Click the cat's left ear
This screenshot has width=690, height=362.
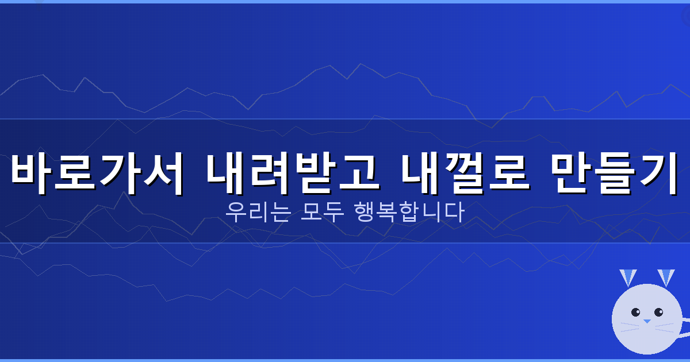point(627,278)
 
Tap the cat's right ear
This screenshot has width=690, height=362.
point(666,278)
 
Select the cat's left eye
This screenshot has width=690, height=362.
point(636,313)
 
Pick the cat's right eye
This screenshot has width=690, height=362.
point(658,313)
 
